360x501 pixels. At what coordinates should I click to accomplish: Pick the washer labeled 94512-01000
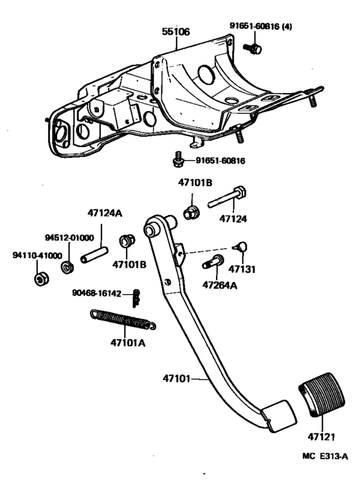coord(66,265)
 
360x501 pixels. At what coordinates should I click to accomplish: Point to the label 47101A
coord(127,342)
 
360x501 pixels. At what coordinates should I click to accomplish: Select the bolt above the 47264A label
coord(213,262)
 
